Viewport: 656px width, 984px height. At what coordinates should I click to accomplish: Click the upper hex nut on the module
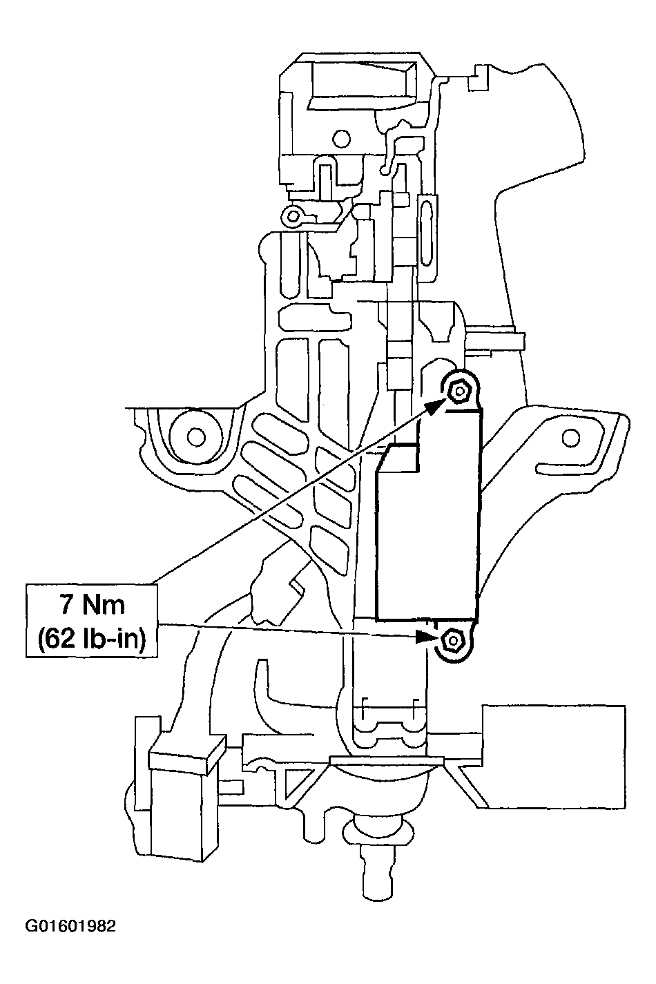(x=458, y=392)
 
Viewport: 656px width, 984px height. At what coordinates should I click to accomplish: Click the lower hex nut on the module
(x=452, y=641)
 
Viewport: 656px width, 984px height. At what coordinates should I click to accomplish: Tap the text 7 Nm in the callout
(x=92, y=605)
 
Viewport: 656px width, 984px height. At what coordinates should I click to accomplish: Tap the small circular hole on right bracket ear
(x=570, y=436)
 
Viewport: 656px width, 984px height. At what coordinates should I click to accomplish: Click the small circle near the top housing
(x=340, y=136)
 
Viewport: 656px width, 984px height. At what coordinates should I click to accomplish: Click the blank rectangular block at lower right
(x=554, y=755)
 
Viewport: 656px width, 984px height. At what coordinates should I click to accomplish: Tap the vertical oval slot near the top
(x=427, y=219)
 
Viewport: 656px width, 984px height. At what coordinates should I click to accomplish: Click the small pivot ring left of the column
(x=293, y=216)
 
